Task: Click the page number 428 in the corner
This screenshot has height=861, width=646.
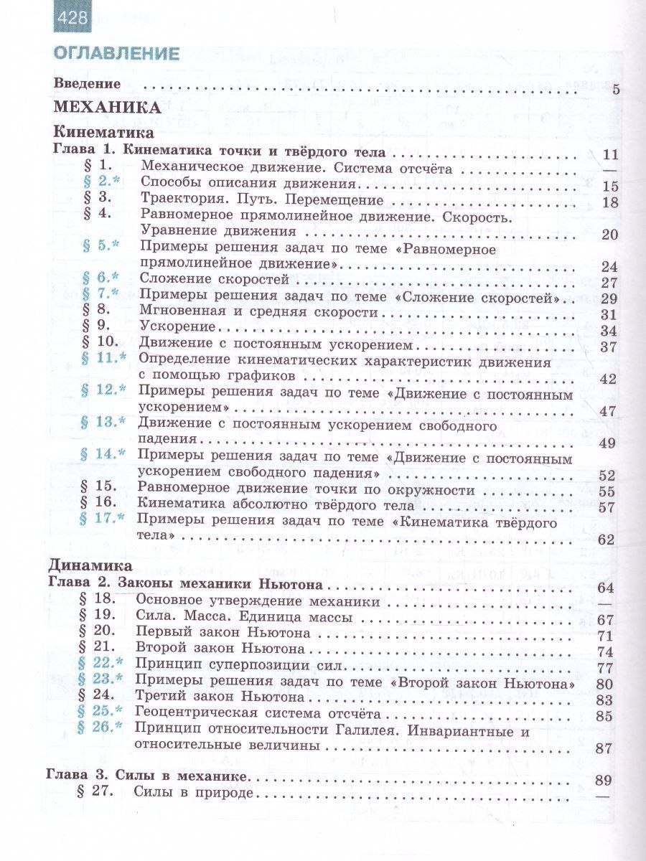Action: coord(72,18)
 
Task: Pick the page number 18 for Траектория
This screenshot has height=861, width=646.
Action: coord(609,203)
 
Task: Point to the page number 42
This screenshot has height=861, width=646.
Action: coord(607,380)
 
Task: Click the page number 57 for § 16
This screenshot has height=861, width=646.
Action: coord(608,507)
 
